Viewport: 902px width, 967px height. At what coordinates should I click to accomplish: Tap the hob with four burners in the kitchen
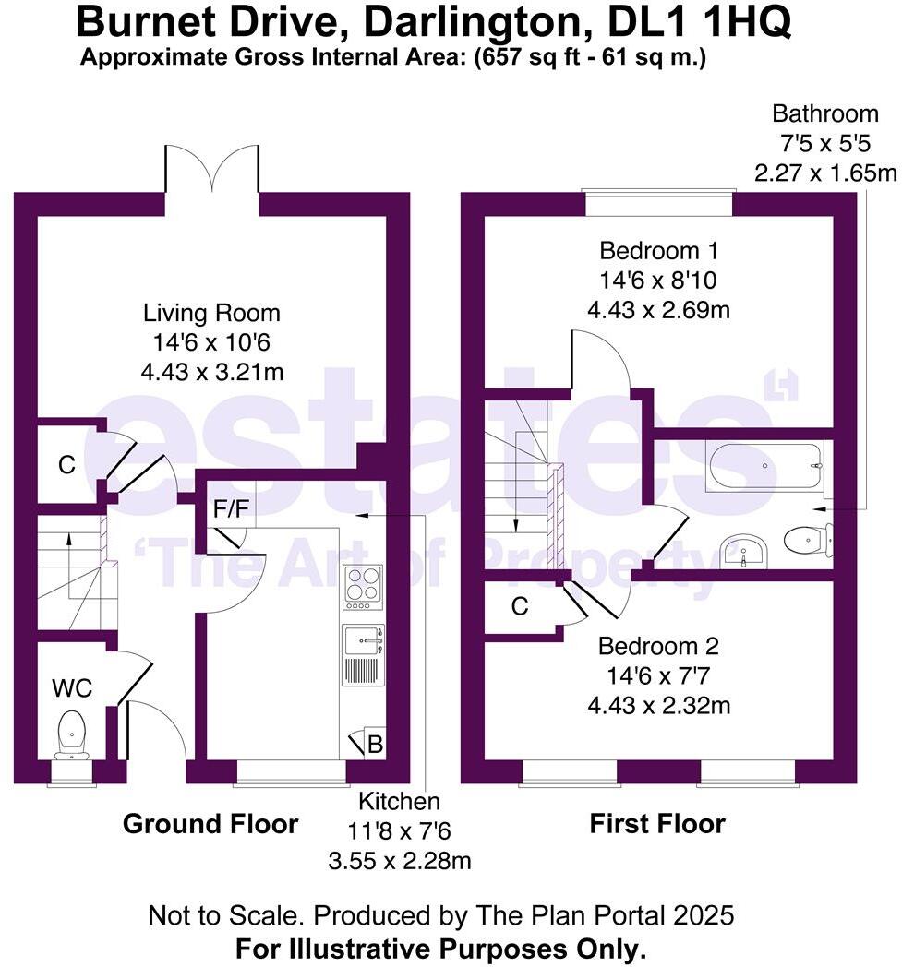[362, 585]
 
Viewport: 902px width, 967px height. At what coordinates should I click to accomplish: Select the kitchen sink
[362, 639]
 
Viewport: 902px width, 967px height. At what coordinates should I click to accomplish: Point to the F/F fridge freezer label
[231, 510]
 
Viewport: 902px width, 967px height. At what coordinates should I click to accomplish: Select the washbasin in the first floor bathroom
[744, 551]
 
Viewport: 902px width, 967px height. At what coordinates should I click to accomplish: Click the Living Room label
[211, 313]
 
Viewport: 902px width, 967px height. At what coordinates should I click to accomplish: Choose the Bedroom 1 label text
[658, 251]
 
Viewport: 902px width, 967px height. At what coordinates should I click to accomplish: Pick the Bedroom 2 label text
[658, 646]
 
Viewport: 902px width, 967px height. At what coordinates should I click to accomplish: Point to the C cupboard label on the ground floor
[66, 466]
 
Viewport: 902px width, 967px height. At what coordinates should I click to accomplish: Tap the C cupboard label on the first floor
[520, 606]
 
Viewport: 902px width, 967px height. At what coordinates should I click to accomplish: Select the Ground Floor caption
[210, 823]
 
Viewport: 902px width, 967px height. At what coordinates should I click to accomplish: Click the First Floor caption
[657, 823]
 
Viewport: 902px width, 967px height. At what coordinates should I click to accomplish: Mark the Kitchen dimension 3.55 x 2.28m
[400, 861]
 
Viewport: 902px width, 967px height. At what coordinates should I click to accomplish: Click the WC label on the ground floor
[72, 688]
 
